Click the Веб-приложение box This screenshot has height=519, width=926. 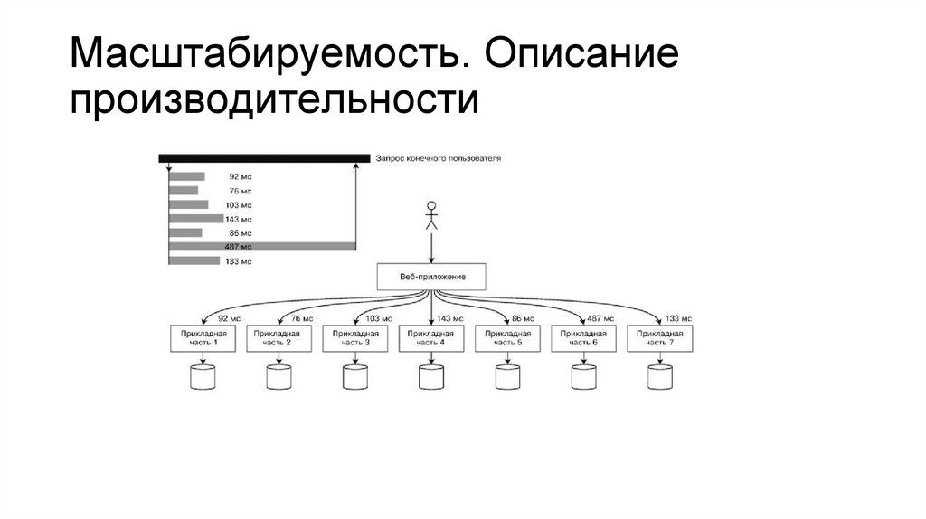pos(431,277)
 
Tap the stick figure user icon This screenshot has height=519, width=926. pos(431,214)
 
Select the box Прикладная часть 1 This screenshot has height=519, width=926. pos(203,338)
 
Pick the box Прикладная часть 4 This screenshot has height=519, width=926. pos(431,338)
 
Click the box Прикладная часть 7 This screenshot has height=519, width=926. pos(661,338)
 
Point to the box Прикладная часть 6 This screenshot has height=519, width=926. pos(584,338)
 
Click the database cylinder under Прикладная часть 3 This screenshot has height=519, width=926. pos(355,375)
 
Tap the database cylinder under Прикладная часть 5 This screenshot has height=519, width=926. pos(508,375)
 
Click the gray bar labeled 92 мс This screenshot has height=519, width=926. pos(187,176)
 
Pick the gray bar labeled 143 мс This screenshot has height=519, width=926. pos(196,218)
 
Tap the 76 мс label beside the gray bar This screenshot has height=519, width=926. pos(241,191)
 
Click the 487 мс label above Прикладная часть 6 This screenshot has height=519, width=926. pos(600,318)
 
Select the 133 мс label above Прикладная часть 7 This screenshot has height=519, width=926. pos(678,318)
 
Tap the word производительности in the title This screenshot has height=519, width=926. pos(275,100)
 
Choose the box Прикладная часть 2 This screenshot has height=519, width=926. pos(279,338)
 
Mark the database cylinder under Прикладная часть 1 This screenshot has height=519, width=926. pos(203,375)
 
